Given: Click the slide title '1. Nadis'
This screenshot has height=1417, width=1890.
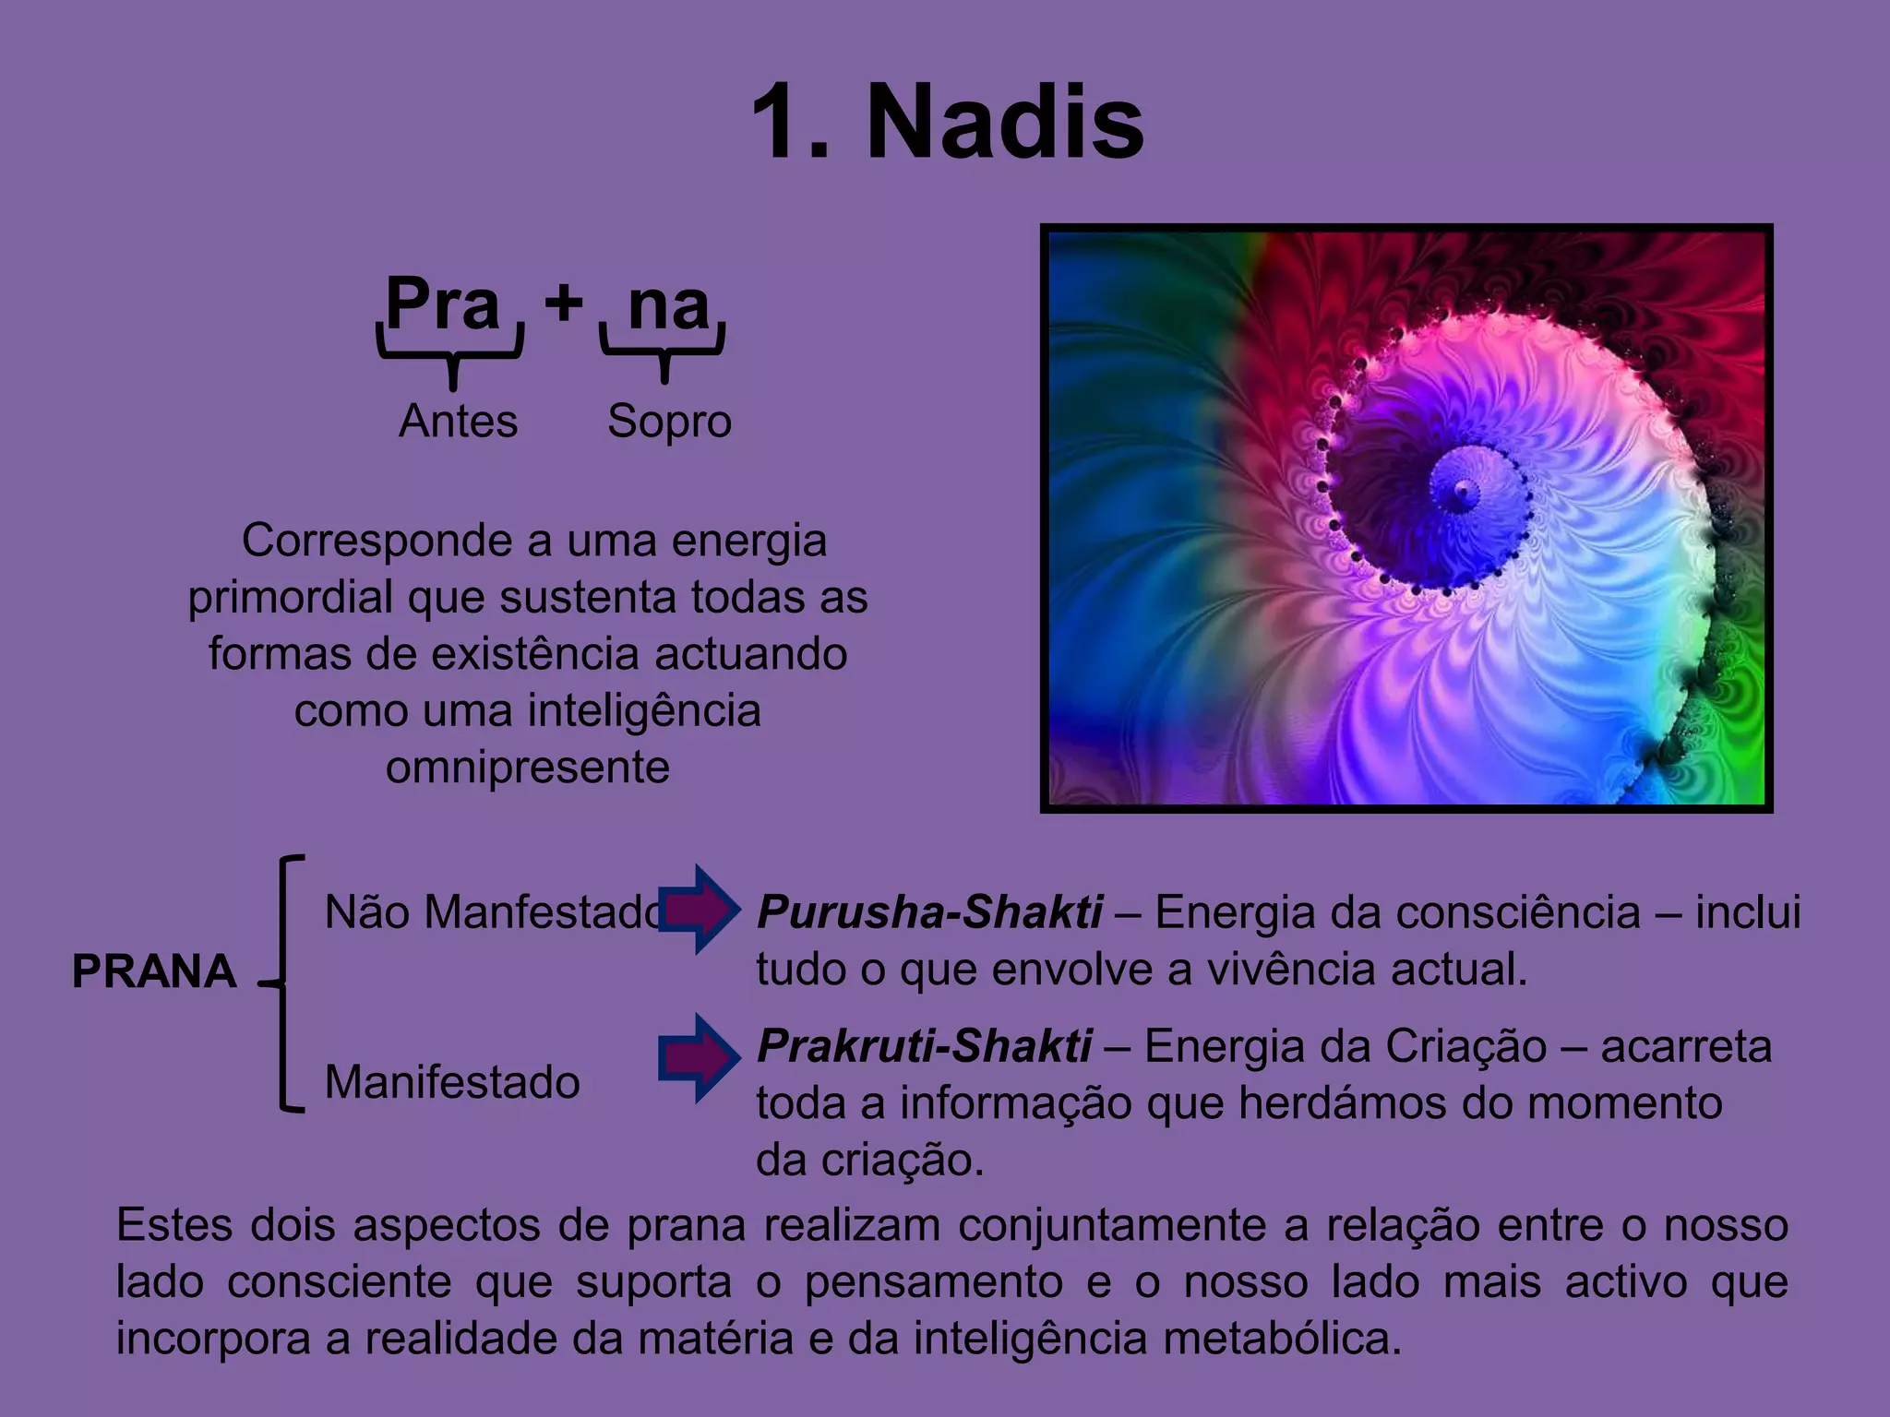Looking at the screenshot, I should tap(948, 123).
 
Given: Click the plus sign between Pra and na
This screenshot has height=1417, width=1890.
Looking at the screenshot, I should tap(563, 301).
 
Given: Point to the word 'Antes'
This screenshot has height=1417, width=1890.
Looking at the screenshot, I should tap(458, 422).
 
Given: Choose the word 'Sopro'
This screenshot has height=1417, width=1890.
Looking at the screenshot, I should tap(669, 422).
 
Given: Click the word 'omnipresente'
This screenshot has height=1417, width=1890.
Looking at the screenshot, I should tap(527, 768).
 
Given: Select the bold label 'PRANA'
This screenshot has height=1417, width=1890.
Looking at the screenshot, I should tap(154, 971).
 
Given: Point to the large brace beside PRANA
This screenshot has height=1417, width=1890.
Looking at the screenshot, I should tap(282, 983).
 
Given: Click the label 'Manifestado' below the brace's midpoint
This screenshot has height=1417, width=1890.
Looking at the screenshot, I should tap(452, 1082).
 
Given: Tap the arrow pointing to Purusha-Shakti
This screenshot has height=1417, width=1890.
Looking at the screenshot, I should tap(699, 910).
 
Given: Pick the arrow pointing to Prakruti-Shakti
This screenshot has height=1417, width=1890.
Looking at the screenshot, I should tap(699, 1058).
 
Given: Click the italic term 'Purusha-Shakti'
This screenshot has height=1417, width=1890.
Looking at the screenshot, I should tap(929, 912).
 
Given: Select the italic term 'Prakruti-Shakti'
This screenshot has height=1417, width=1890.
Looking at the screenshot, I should tap(925, 1047).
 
